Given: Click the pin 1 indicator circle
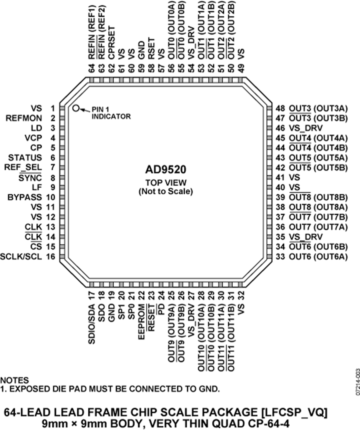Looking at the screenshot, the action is tap(76, 108).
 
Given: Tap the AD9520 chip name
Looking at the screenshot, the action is tap(166, 170).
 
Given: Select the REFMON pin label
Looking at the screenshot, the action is tap(24, 118).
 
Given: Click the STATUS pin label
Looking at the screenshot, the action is tap(25, 158).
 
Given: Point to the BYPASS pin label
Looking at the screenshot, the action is tap(25, 197).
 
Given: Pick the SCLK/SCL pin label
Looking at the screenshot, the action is tap(21, 257).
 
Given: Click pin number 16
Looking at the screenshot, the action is tap(51, 257).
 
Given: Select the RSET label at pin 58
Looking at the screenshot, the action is tap(151, 48).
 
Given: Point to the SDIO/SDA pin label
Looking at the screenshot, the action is tap(92, 324).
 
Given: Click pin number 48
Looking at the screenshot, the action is tap(280, 108).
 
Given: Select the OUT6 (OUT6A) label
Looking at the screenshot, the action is tap(318, 257).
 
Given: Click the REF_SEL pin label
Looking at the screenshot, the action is tap(23, 168).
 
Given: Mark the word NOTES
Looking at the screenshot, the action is tap(14, 380).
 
